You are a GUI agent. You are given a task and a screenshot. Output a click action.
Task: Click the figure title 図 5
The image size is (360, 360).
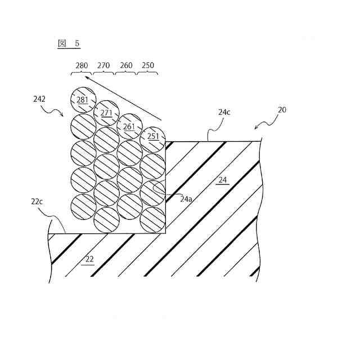tap(69, 43)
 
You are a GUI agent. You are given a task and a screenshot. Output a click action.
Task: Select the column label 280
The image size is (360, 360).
tap(82, 66)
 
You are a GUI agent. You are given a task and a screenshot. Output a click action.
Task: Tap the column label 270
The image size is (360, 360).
tap(103, 66)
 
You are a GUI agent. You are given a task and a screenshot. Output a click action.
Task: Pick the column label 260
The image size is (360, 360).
tap(126, 66)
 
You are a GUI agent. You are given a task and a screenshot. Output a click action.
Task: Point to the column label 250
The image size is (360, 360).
tap(148, 66)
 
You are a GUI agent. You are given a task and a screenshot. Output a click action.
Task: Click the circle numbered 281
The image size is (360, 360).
tap(83, 100)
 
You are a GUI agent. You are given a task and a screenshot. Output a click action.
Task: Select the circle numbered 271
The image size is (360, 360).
tap(106, 112)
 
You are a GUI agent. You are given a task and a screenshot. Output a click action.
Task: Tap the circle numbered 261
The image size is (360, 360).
tap(129, 126)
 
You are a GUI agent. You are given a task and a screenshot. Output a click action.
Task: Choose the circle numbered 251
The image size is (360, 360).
tap(152, 136)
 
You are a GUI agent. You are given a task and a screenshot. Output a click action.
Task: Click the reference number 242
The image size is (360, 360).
tap(39, 99)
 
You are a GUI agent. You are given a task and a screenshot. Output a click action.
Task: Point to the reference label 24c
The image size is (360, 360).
tap(224, 112)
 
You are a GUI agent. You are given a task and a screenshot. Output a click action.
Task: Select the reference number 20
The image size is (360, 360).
tap(282, 110)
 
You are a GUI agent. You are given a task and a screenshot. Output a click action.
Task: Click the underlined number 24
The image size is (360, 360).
tap(223, 180)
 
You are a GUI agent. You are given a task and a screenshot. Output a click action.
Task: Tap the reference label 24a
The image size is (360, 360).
tap(186, 199)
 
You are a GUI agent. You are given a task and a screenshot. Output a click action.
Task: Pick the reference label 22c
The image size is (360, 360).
tap(38, 201)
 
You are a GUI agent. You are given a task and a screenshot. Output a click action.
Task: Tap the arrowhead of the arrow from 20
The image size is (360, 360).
tap(257, 128)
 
